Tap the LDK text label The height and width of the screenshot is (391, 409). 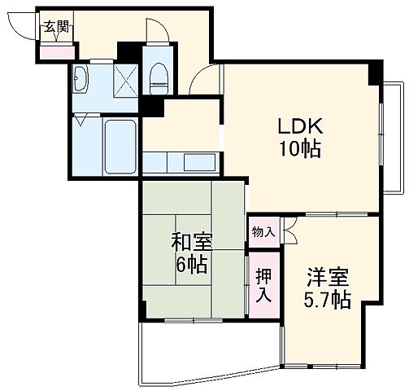pos(300,126)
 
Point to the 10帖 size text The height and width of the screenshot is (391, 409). pos(300,149)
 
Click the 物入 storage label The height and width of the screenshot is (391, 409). pos(263,232)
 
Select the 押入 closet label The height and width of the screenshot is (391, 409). pos(263,285)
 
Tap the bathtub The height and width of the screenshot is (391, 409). pos(120,146)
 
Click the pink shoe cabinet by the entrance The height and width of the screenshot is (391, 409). pos(56,53)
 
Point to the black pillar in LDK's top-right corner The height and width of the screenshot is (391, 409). pos(374,73)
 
